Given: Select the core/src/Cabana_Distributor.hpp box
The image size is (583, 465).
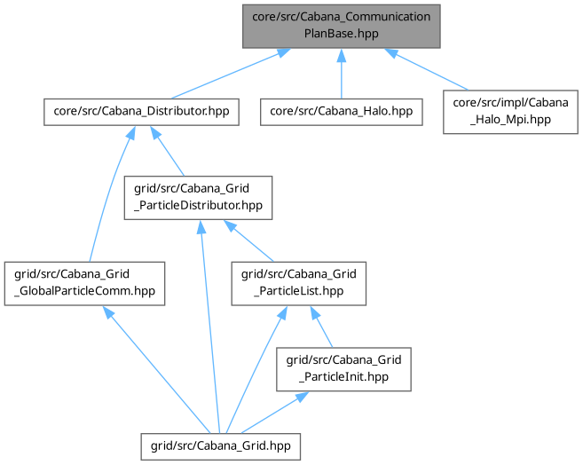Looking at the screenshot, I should (x=141, y=111).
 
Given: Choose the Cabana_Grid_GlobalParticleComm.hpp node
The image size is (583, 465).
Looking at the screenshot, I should (x=84, y=282).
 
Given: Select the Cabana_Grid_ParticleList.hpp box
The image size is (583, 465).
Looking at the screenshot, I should (x=298, y=282).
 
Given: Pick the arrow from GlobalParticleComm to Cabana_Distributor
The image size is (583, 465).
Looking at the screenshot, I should (x=107, y=195).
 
